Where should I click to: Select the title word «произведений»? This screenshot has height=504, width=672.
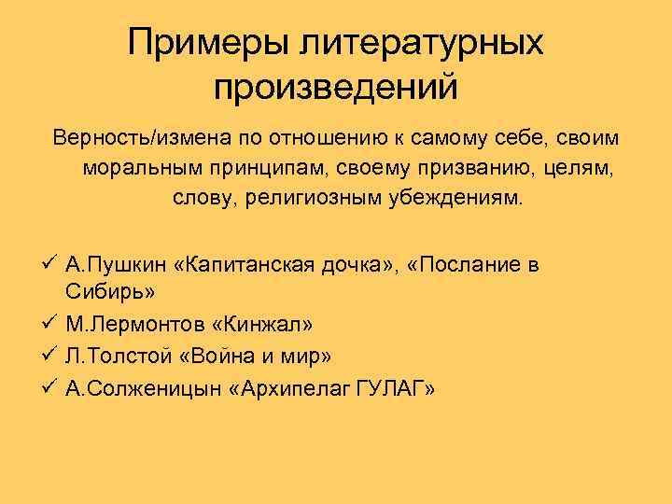336,88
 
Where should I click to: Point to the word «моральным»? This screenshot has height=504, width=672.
137,170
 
